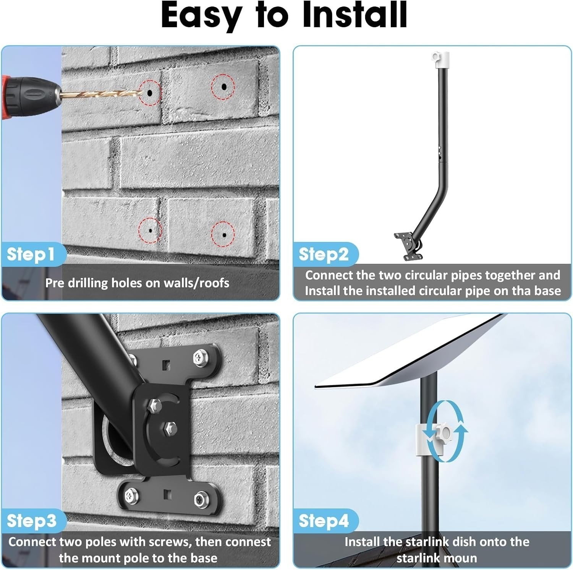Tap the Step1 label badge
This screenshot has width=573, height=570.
[31, 254]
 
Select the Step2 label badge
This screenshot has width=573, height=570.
[324, 254]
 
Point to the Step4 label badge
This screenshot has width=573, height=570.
[324, 521]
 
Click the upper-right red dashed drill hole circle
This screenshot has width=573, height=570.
[223, 87]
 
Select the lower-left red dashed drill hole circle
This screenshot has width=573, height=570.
[150, 231]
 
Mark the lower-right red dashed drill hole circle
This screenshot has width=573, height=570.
[223, 234]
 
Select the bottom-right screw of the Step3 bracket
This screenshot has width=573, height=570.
[200, 499]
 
